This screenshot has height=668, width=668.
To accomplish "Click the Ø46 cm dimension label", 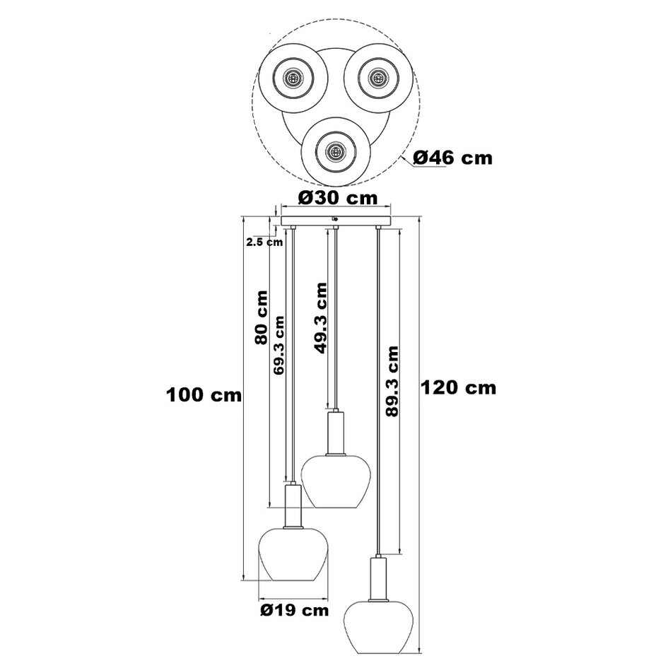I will (452, 158).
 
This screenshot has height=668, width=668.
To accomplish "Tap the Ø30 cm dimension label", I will (337, 197).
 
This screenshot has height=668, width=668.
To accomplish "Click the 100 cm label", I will (204, 394).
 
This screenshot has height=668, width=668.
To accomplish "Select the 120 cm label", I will (458, 387).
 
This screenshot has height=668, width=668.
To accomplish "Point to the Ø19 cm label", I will (294, 609).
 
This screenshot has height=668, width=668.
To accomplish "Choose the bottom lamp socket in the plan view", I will (334, 149).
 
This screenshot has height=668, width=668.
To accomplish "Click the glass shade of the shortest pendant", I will (333, 481).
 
